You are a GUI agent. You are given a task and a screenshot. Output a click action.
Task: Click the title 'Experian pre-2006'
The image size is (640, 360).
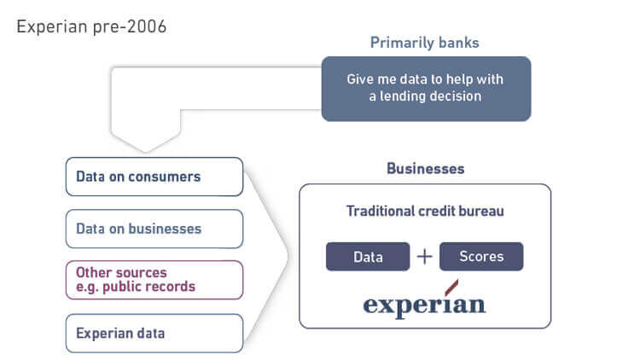click(x=90, y=26)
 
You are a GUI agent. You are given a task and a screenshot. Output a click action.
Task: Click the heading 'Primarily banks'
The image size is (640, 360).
click(x=423, y=43)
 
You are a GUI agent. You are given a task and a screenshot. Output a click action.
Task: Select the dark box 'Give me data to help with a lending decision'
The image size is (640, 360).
click(x=425, y=88)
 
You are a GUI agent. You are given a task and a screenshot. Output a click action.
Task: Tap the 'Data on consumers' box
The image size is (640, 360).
click(x=154, y=177)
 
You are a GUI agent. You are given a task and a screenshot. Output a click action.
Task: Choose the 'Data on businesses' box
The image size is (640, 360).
click(x=154, y=229)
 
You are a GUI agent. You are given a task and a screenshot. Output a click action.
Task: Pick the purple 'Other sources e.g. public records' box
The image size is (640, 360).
click(x=154, y=280)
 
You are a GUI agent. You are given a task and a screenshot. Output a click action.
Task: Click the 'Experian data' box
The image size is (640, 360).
click(x=154, y=334)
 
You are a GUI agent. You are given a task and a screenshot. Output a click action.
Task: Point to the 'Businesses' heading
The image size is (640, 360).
click(x=425, y=168)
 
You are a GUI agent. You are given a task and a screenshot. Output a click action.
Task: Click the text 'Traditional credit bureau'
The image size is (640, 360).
click(x=424, y=211)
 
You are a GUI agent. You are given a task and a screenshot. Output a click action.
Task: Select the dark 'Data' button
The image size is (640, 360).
click(x=367, y=257)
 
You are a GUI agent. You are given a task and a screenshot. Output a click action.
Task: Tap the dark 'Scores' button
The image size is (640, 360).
click(x=481, y=257)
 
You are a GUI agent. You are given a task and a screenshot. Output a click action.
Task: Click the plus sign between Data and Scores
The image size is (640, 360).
click(x=424, y=257)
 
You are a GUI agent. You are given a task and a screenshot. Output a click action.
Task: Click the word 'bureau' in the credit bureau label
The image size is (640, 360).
click(x=480, y=211)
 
